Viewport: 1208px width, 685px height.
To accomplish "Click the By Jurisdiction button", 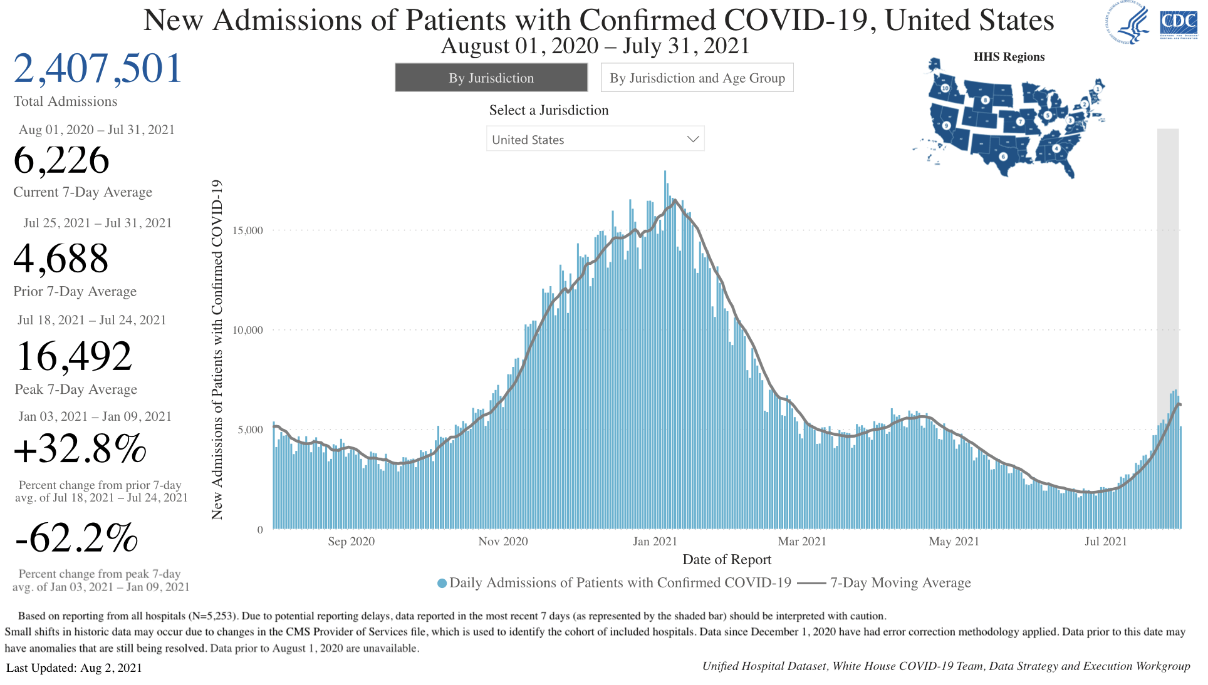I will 491,78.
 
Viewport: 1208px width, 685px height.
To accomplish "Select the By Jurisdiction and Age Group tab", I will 697,78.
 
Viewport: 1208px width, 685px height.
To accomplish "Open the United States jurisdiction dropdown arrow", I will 692,139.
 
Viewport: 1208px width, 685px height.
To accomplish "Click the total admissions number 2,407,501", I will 98,68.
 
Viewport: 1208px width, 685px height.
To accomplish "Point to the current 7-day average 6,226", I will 61,160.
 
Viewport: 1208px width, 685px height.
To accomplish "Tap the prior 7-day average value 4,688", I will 61,259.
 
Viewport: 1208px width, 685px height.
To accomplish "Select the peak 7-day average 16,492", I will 74,356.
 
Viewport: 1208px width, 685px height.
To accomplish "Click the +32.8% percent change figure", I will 80,449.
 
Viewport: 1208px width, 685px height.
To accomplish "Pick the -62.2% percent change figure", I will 76,538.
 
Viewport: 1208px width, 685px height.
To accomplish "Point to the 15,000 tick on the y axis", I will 247,230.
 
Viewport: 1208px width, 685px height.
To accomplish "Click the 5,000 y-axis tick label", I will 250,430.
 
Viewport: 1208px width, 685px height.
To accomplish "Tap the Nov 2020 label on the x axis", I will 502,542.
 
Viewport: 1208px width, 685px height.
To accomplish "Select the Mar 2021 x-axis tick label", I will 802,542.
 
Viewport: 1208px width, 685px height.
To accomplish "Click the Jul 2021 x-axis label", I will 1105,542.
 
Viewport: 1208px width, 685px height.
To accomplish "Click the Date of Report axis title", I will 727,560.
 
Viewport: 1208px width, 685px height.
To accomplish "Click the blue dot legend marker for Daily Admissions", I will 442,584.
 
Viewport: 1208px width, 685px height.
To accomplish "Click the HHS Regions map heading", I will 1009,57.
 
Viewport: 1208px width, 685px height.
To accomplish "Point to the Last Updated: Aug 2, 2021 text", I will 74,668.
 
